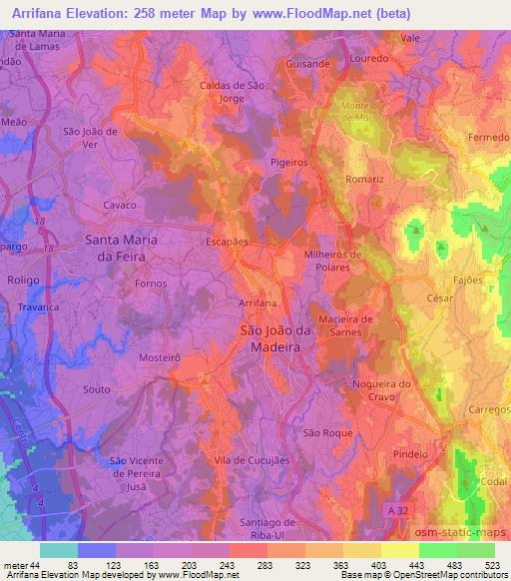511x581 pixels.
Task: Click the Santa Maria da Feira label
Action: click(x=116, y=248)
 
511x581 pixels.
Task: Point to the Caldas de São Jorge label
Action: click(x=232, y=92)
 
